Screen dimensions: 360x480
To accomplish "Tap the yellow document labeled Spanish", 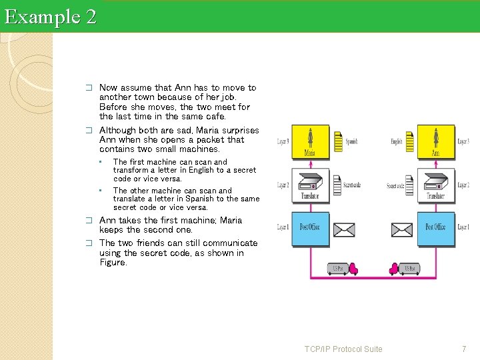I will coord(337,141).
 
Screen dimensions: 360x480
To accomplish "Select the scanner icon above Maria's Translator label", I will coord(311,182).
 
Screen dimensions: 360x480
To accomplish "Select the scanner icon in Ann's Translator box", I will coord(435,182).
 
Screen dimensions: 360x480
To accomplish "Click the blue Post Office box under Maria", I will coord(311,228).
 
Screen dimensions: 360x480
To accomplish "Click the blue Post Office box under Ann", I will coord(435,228).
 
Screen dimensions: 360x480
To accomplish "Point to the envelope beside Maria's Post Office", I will coord(344,231).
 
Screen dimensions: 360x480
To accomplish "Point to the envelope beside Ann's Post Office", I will coord(403,231).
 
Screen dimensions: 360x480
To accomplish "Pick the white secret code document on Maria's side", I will coord(337,184).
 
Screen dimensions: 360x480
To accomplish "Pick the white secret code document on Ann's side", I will coord(411,184).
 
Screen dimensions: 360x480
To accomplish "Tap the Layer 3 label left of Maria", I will coord(283,141).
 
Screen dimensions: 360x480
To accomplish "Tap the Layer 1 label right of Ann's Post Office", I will coord(463,228).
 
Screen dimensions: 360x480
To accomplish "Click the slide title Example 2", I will coord(50,16).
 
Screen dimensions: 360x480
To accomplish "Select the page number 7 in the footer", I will coord(465,349).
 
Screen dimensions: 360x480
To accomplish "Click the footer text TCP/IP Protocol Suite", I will coord(343,349).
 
